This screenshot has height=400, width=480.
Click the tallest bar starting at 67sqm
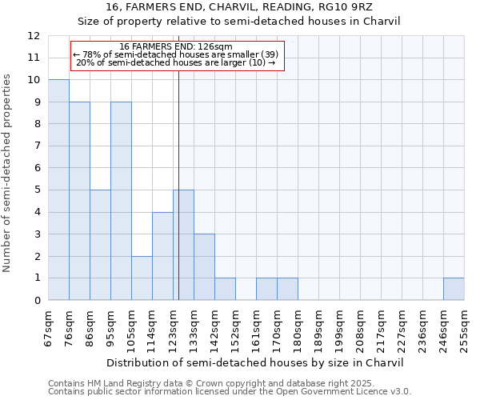58,190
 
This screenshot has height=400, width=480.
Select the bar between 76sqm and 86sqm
79,201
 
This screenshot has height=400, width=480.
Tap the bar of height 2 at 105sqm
142,278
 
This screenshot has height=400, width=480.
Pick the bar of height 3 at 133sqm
204,266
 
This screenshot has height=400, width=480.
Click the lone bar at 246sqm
454,289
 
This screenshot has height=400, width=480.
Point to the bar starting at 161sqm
266,289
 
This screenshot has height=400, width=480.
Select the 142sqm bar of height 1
225,289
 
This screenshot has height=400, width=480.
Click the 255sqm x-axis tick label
465,327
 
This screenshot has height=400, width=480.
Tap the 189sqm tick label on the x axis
319,327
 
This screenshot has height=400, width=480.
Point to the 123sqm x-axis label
174,327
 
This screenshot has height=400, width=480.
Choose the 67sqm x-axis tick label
49,327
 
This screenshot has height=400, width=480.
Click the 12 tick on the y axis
33,36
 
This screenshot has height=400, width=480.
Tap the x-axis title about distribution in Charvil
255,362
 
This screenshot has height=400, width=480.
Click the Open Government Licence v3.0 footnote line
230,392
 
